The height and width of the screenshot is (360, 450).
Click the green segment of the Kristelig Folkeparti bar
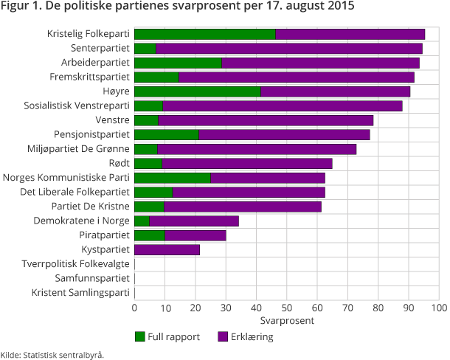pyautogui.click(x=205, y=34)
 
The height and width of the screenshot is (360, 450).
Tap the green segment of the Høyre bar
pyautogui.click(x=198, y=91)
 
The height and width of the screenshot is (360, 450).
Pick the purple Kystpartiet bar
pyautogui.click(x=167, y=249)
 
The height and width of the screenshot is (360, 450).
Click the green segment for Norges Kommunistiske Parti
pyautogui.click(x=173, y=178)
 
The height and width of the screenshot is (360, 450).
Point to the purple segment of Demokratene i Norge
pyautogui.click(x=194, y=221)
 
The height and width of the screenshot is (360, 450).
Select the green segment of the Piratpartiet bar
pyautogui.click(x=150, y=235)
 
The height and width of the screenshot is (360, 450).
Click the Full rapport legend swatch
pyautogui.click(x=140, y=336)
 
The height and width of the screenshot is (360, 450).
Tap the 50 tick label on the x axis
pyautogui.click(x=287, y=308)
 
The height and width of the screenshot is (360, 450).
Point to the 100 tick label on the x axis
pyautogui.click(x=439, y=308)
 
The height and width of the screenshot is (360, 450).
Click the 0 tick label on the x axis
pyautogui.click(x=135, y=308)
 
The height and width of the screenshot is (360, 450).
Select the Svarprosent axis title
pyautogui.click(x=287, y=321)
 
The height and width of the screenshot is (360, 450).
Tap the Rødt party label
pyautogui.click(x=117, y=163)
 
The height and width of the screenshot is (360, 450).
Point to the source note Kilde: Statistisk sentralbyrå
pyautogui.click(x=52, y=354)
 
